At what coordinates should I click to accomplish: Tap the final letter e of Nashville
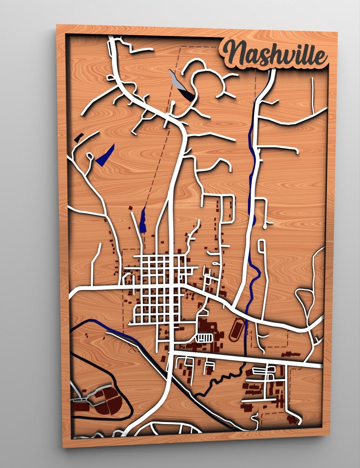pos(320,57)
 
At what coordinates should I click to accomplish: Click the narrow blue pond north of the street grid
pos(143,219)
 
